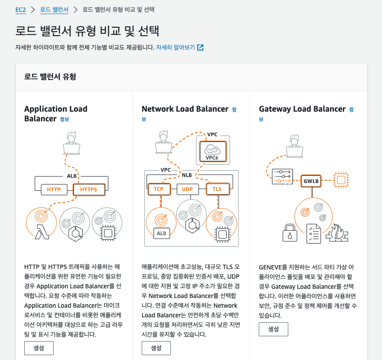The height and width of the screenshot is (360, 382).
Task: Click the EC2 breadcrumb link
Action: pyautogui.click(x=20, y=9)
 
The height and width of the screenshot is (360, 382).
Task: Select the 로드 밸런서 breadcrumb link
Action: pyautogui.click(x=54, y=9)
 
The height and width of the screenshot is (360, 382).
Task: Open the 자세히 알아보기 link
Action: pyautogui.click(x=175, y=47)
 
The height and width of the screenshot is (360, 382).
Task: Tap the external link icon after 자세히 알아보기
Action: pyautogui.click(x=200, y=47)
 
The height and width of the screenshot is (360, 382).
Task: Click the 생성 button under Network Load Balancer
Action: pyautogui.click(x=156, y=348)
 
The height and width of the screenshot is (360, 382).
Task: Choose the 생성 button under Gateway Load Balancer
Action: pyautogui.click(x=273, y=329)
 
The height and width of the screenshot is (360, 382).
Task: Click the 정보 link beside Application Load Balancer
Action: pyautogui.click(x=65, y=119)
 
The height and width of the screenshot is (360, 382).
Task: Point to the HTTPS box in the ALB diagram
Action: pyautogui.click(x=89, y=190)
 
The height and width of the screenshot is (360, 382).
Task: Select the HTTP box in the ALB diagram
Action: pyautogui.click(x=54, y=190)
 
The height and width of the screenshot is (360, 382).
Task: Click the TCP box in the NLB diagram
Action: pyautogui.click(x=158, y=189)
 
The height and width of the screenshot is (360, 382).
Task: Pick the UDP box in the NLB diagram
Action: pyautogui.click(x=188, y=189)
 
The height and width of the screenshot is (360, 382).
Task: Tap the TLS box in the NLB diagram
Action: pyautogui.click(x=217, y=189)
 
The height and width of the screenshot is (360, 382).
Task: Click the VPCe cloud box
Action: pyautogui.click(x=213, y=151)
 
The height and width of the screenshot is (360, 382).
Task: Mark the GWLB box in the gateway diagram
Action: pyautogui.click(x=311, y=180)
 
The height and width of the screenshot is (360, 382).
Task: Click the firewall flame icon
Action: pyautogui.click(x=337, y=233)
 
